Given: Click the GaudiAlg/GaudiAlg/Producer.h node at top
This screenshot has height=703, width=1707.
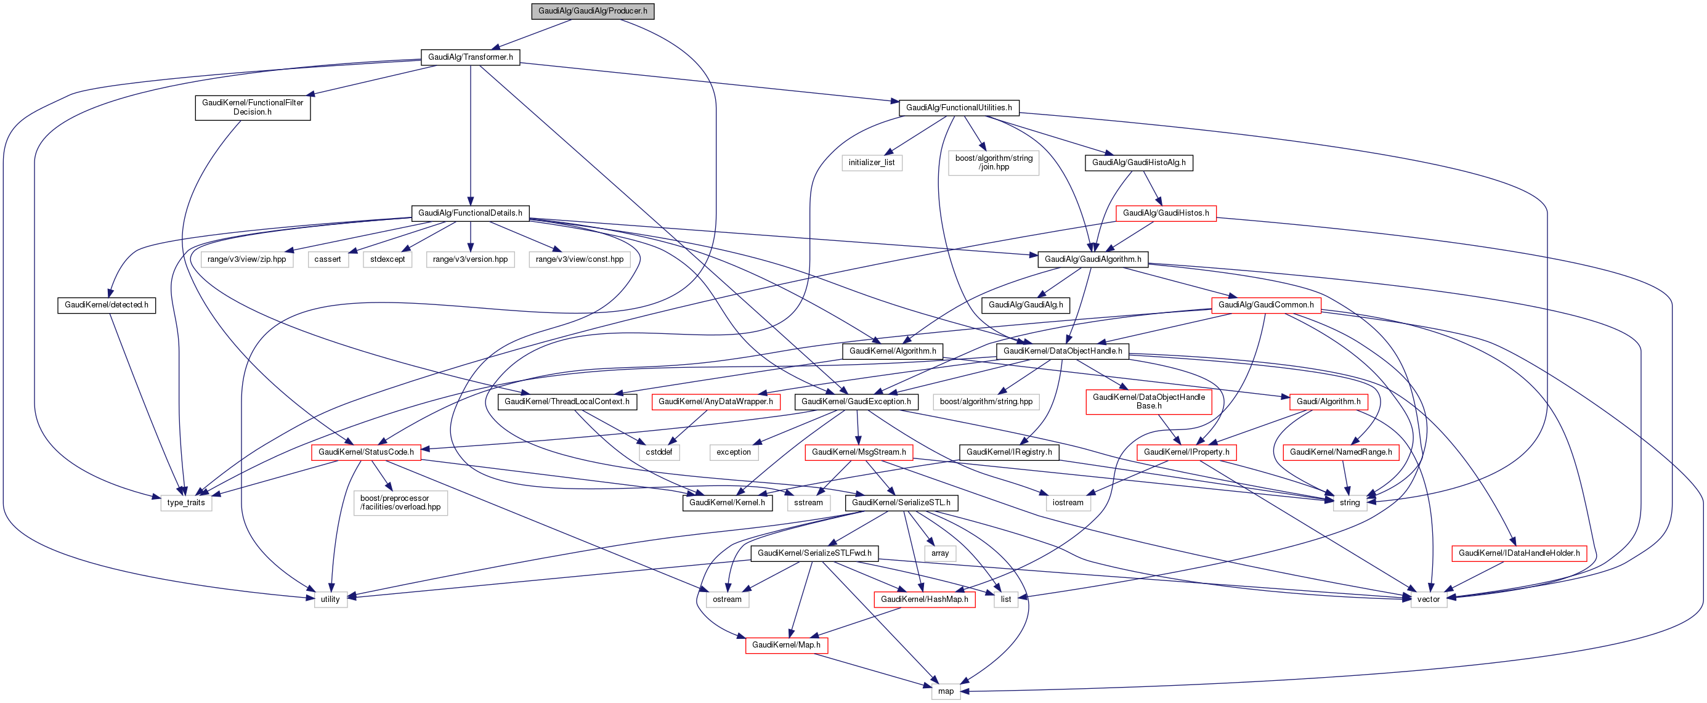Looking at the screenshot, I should [593, 11].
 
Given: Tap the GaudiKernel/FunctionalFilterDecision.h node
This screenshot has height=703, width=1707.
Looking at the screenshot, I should [253, 107].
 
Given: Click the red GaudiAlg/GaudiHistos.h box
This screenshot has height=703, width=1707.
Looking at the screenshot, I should [1166, 213].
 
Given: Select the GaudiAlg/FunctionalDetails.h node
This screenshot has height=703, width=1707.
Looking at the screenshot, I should [470, 213].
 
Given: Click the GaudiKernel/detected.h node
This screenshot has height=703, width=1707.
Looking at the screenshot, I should [107, 306].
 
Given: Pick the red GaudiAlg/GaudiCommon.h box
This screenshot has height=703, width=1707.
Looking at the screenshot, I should [1266, 306].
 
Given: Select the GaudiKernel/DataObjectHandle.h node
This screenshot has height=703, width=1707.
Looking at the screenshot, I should [1062, 351].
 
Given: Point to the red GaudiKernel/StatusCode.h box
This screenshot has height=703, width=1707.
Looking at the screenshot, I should [366, 452].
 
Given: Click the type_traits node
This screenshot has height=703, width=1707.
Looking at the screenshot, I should [186, 503].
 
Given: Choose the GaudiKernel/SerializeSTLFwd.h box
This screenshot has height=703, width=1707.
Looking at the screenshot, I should [814, 553].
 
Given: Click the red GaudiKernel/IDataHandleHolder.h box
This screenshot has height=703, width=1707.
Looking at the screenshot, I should [1519, 553].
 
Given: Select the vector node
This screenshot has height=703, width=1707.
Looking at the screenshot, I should [1428, 599].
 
